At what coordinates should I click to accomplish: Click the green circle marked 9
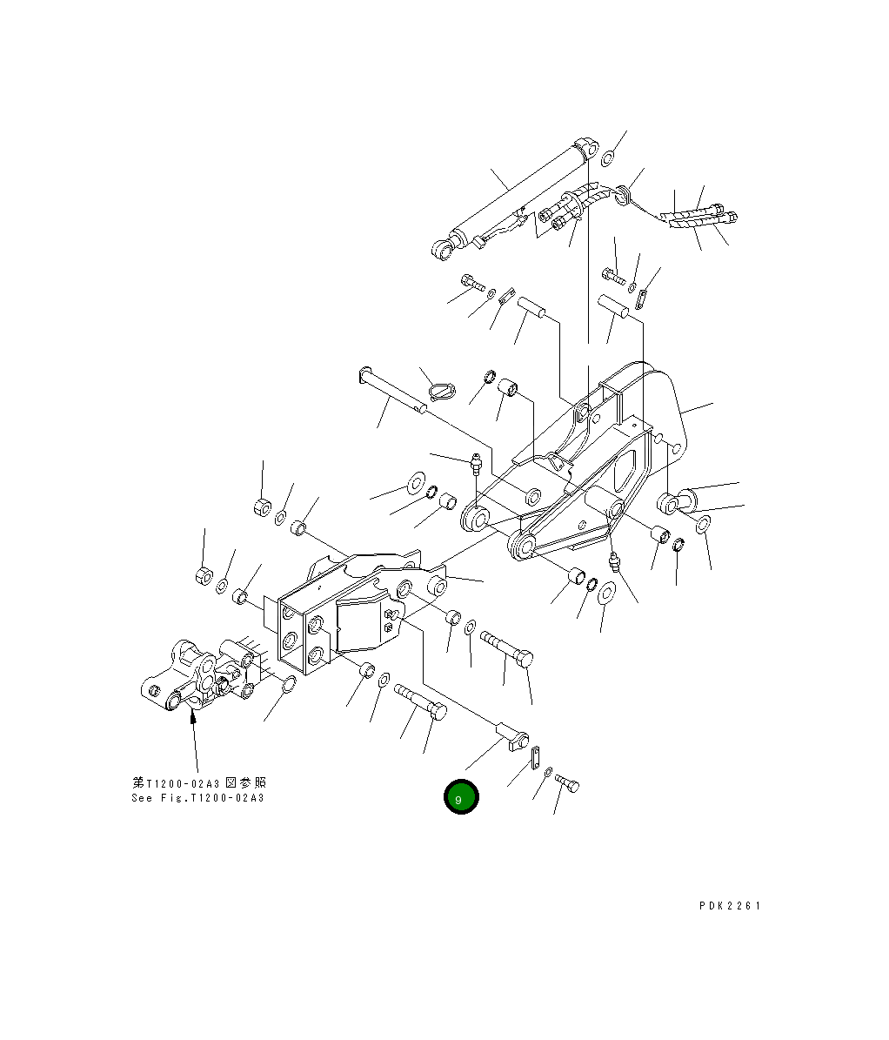(460, 797)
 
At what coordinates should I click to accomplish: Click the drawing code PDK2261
(730, 906)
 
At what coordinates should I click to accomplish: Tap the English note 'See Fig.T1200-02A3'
(197, 798)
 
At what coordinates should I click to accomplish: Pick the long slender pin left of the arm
(391, 391)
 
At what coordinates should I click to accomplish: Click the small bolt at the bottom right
(567, 784)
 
